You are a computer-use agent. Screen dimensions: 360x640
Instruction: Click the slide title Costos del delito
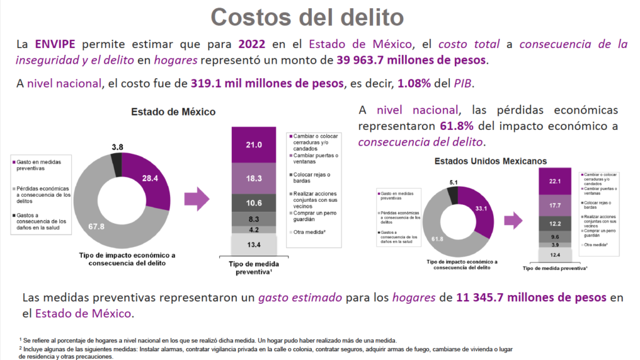307,17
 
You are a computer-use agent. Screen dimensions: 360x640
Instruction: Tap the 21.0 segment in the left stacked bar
252,145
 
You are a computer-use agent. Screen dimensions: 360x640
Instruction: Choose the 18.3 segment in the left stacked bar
252,178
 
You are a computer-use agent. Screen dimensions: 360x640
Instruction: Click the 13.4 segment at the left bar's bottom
252,244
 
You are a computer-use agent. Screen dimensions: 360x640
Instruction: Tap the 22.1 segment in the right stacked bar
554,181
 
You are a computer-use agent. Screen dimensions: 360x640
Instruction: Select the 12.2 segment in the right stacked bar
554,223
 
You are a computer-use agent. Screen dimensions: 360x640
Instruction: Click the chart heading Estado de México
173,112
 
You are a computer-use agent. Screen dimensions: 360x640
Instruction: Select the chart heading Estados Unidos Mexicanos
490,161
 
